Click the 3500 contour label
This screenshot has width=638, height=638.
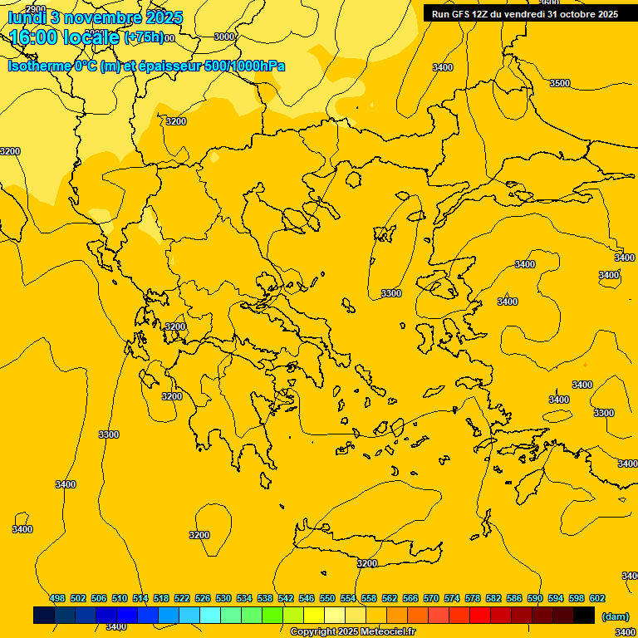pyautogui.click(x=560, y=83)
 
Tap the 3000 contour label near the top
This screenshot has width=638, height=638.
pyautogui.click(x=224, y=37)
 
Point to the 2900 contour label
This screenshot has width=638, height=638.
pyautogui.click(x=36, y=9)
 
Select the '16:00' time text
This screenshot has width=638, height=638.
pyautogui.click(x=33, y=37)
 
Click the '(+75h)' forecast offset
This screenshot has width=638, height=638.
pyautogui.click(x=143, y=37)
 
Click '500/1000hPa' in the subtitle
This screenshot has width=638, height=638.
pyautogui.click(x=244, y=66)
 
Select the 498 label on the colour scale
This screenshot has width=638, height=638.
pyautogui.click(x=57, y=598)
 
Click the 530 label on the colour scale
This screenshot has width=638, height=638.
pyautogui.click(x=223, y=598)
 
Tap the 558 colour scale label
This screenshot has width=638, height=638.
pyautogui.click(x=368, y=598)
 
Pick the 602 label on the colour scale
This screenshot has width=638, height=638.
pyautogui.click(x=597, y=598)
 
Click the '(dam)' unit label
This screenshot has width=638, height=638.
pyautogui.click(x=615, y=616)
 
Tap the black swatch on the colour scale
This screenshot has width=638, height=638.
pyautogui.click(x=584, y=615)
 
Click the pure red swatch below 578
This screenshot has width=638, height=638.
pyautogui.click(x=480, y=615)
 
